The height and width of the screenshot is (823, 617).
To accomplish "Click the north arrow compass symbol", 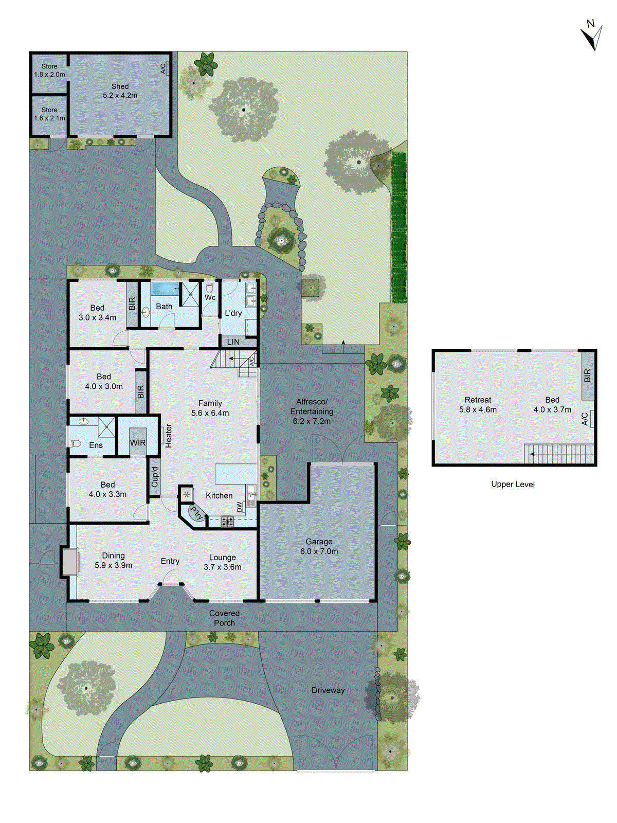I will click(x=592, y=35).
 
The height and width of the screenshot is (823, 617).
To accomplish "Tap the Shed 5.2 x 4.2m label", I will click(x=120, y=91).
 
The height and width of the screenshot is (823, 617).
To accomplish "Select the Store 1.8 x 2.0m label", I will click(x=49, y=70).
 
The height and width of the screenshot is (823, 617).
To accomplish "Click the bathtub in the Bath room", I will click(x=165, y=288).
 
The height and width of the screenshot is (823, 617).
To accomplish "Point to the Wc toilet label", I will click(x=210, y=298).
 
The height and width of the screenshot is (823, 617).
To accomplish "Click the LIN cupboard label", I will click(x=233, y=342).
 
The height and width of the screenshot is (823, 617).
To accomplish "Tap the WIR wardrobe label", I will click(x=137, y=443).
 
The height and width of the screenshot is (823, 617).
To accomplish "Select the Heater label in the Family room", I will click(x=169, y=436).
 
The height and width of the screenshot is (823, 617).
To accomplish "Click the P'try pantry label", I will click(x=196, y=513).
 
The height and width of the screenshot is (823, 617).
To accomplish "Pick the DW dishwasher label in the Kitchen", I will click(x=240, y=507).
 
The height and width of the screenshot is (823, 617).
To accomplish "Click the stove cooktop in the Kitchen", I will click(x=227, y=522).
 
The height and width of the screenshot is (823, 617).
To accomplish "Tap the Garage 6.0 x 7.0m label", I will click(x=319, y=546).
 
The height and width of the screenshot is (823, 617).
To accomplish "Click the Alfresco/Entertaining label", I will click(x=312, y=411).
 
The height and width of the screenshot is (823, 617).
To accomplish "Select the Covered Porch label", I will click(x=224, y=618).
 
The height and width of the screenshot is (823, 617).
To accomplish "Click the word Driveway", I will click(x=328, y=690).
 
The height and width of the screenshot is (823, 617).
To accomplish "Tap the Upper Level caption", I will click(x=513, y=484).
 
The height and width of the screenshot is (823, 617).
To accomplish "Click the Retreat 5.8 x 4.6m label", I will click(x=478, y=405).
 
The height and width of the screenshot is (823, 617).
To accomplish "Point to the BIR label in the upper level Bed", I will click(x=588, y=375).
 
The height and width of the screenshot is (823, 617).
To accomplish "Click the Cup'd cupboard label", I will click(x=155, y=477).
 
